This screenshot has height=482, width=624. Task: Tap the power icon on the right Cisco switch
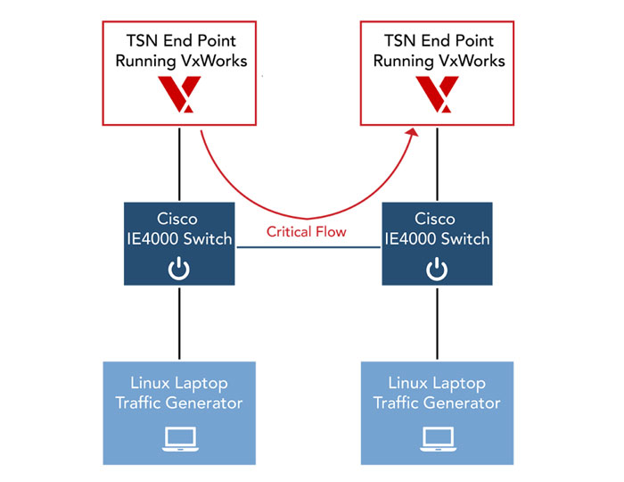[x=436, y=268]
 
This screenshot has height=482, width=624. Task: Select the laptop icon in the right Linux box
[x=437, y=437]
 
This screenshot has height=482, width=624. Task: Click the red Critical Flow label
[x=308, y=232]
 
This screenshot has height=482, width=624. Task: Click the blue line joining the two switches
[x=308, y=248]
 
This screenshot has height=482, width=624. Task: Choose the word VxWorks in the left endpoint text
[x=211, y=61]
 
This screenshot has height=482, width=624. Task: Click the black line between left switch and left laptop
[x=180, y=325]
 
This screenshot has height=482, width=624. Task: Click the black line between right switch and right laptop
[x=436, y=325]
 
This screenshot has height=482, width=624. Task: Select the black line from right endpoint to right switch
[x=437, y=165]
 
